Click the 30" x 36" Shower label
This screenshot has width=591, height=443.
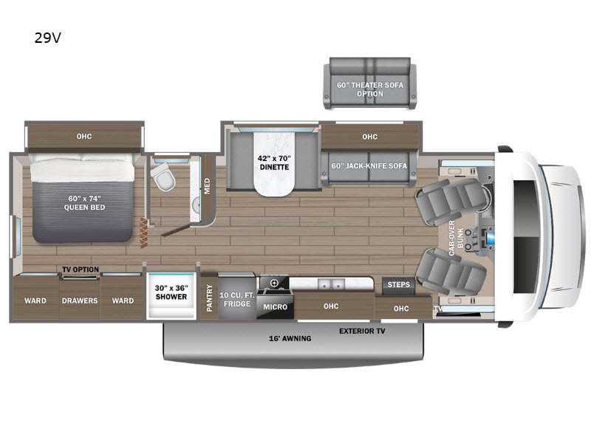coord(170,293)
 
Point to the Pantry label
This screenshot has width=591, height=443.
coord(209,298)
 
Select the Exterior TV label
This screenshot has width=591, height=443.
coord(362,332)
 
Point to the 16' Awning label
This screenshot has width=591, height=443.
coord(288,339)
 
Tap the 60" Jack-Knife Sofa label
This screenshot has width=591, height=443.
coord(369,165)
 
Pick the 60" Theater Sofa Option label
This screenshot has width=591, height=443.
coord(369,89)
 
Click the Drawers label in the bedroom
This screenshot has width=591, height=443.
coord(79,301)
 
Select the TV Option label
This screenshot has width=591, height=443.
coord(80,269)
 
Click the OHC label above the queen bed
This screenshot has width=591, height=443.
coord(83,136)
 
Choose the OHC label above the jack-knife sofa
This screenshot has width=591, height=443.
coord(370,137)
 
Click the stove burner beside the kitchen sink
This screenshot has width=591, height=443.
coord(274,283)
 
